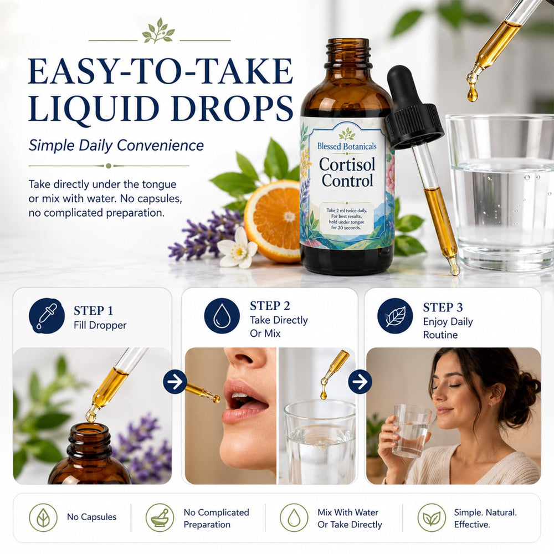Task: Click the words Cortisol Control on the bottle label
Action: tap(347, 172)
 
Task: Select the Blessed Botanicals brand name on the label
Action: tap(347, 146)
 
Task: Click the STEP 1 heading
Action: tap(93, 311)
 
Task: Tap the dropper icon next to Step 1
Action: tap(47, 316)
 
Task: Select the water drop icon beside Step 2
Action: tap(222, 316)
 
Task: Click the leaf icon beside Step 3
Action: tap(395, 316)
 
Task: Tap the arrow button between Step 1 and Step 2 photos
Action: tap(175, 382)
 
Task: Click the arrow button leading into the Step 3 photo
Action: tap(360, 382)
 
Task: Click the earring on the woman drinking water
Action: tap(490, 405)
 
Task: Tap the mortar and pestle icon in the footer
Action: tap(160, 517)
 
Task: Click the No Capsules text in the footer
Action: tap(91, 517)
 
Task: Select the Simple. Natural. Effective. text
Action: tap(485, 519)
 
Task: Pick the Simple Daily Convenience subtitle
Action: tap(116, 146)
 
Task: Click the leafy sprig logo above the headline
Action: tap(158, 30)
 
